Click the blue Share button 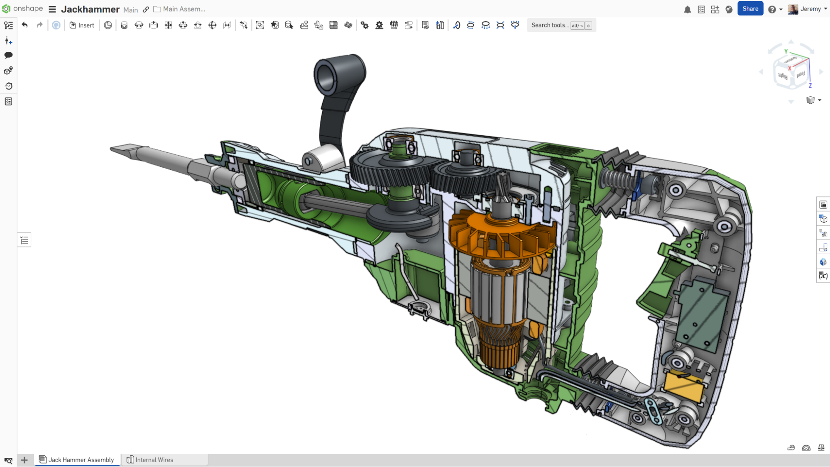(750, 9)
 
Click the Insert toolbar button (82, 25)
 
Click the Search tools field (550, 25)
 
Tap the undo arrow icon (24, 25)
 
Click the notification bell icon (687, 9)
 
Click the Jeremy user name (810, 9)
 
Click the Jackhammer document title (90, 9)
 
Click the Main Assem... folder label (184, 9)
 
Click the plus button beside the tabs (24, 460)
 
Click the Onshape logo (22, 9)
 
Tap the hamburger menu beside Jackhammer (52, 9)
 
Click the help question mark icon (771, 9)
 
